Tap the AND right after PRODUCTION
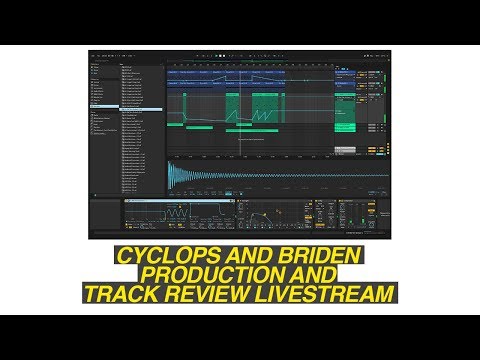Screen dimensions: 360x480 [x=307, y=275]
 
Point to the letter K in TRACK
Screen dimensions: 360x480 [x=161, y=294]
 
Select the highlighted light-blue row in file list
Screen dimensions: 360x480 [x=140, y=109]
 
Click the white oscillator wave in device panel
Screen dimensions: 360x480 [x=177, y=215]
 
